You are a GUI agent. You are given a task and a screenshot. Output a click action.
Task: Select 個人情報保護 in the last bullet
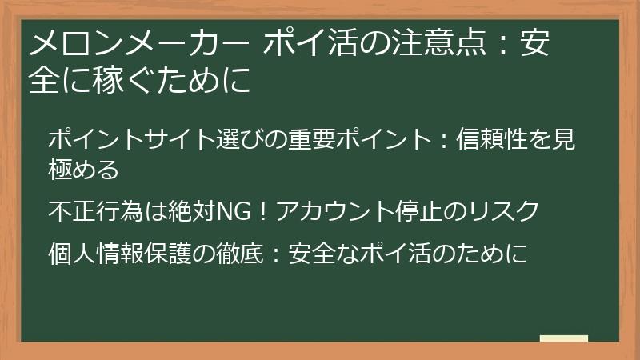tap(121, 254)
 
